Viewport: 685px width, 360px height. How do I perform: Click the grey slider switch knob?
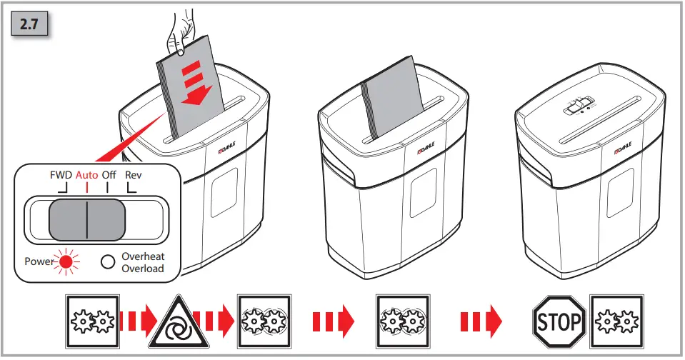coord(86,220)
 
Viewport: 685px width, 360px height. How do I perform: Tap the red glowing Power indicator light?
coord(66,262)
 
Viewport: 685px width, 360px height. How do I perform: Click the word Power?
coord(39,262)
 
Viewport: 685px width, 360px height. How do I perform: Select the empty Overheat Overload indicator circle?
coord(108,262)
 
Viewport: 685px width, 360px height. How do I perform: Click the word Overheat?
coord(142,256)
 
